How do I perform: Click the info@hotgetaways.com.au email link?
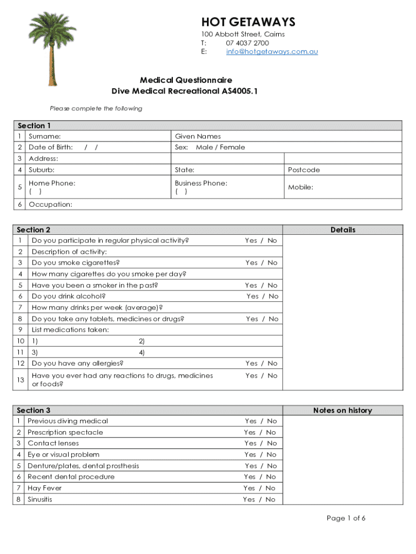272,51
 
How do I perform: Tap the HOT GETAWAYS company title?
249,22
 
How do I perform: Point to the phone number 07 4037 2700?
247,43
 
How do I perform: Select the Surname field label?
44,136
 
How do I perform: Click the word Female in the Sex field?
232,147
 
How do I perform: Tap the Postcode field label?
304,170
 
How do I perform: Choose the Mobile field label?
300,188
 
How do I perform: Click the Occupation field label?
50,205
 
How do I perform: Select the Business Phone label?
201,183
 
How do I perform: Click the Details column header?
343,230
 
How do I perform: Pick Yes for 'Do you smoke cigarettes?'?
251,263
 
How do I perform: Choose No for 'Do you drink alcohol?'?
273,296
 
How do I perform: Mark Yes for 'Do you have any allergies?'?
251,364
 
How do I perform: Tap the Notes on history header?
343,411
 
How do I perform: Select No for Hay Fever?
271,488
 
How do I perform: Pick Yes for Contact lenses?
250,444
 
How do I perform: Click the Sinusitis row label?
40,499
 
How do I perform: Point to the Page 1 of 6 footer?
346,518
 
